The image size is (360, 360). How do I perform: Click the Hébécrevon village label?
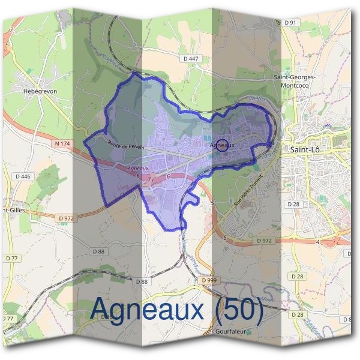(41, 91)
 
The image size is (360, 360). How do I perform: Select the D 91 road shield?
(290, 22)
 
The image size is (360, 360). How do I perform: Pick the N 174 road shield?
(62, 144)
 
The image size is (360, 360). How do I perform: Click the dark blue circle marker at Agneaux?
(222, 145)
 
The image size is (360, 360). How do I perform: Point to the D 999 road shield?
(209, 280)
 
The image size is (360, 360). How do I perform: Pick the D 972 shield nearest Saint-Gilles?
(66, 218)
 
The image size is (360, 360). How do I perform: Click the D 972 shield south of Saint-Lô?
(264, 240)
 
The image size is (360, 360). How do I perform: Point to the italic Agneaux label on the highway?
(138, 169)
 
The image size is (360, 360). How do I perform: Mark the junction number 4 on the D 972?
(317, 242)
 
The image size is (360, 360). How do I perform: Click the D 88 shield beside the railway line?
(142, 281)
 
